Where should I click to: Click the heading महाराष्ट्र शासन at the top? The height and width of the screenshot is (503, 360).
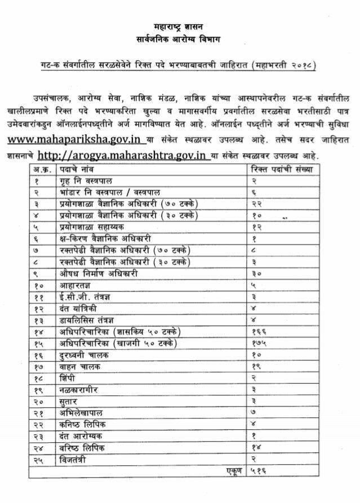tap(179, 26)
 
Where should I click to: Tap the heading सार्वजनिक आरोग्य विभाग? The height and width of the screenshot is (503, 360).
tap(179, 39)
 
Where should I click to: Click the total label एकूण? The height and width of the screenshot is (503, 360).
tap(232, 471)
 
